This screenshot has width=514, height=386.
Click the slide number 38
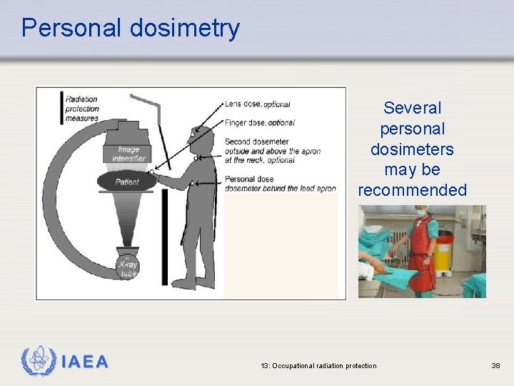coord(495,366)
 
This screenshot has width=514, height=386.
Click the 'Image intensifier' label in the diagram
coord(128,154)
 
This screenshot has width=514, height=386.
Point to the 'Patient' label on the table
coord(128,182)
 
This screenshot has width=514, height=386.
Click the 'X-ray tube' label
coord(128,269)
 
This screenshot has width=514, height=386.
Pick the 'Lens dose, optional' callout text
coord(257,104)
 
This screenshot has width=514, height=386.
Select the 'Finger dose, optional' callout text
coord(259,123)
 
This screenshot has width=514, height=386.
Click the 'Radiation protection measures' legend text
coord(81,109)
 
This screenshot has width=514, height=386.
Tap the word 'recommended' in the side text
coord(412,191)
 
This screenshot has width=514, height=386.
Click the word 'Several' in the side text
coord(413,108)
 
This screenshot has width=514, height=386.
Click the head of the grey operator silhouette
coord(203,136)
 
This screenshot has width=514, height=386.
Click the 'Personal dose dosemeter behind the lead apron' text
coord(280,184)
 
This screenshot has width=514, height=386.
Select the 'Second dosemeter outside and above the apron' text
coord(272,151)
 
